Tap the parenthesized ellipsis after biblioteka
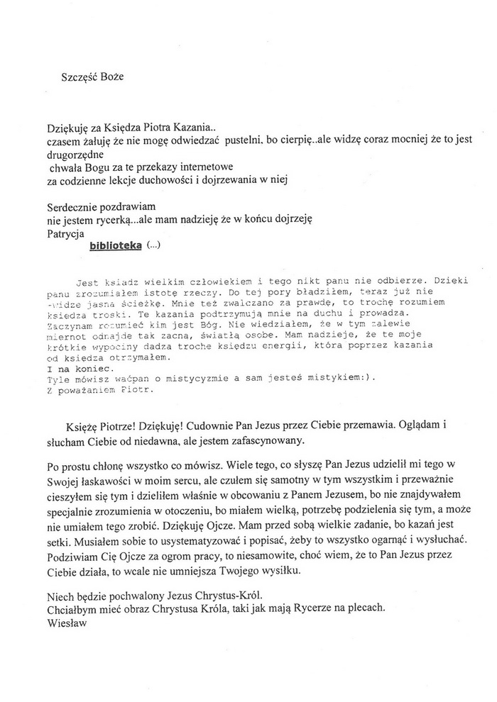coord(153,246)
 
